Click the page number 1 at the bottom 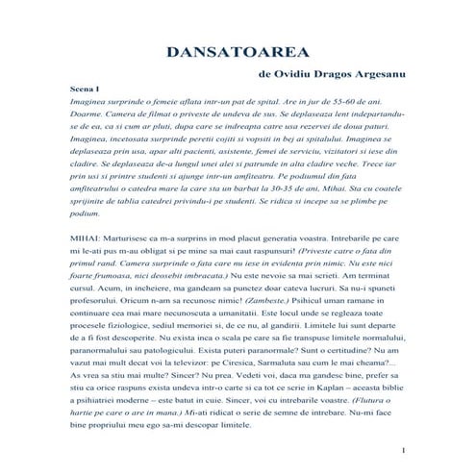404,450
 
